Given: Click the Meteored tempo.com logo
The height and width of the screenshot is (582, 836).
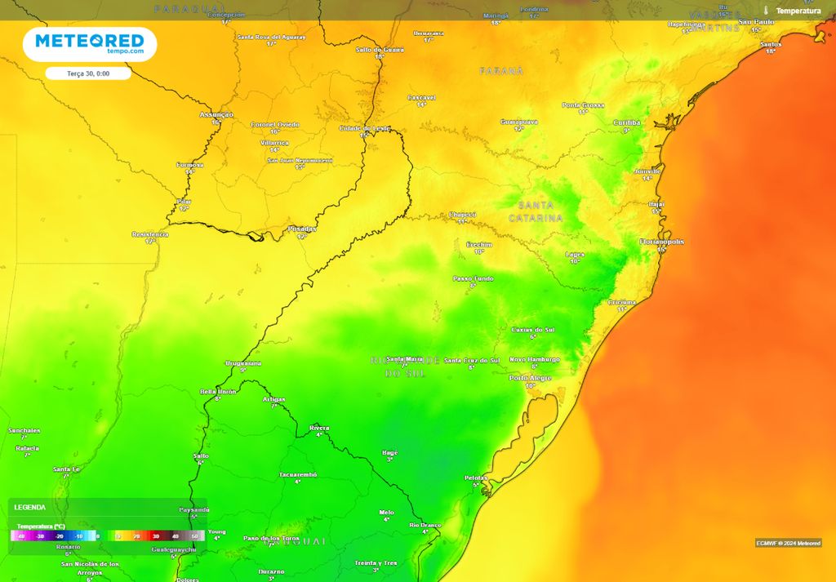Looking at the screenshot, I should (89, 44).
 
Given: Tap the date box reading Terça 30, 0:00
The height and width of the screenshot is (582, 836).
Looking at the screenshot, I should (88, 73).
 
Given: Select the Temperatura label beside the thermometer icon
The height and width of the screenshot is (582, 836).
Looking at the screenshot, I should (798, 11).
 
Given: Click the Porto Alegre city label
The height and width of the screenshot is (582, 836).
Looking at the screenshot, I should (530, 377).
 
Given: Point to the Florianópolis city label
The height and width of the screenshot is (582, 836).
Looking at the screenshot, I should (661, 242).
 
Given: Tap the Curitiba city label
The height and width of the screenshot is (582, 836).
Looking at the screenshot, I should (627, 122).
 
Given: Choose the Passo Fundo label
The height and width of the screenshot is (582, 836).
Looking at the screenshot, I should (474, 278).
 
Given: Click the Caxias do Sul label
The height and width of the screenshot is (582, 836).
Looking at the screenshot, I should (533, 329).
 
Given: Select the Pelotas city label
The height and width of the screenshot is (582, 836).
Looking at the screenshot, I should (475, 478).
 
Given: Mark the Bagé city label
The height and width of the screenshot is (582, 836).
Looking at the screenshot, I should (390, 452).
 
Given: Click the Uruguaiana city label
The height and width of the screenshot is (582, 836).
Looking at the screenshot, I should (242, 362).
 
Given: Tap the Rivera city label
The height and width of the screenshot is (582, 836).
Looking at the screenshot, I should (319, 428).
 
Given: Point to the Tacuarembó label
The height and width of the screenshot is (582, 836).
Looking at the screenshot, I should (297, 474).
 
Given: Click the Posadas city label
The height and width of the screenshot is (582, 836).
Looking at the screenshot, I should (302, 229).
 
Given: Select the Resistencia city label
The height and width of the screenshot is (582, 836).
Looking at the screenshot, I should (150, 234).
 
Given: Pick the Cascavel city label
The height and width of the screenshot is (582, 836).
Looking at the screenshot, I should (421, 97).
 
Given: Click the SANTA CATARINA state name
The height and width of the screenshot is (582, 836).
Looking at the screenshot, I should (536, 211).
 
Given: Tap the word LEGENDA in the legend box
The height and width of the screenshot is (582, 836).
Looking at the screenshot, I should (30, 507).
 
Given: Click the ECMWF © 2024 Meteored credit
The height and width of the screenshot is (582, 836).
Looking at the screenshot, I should (788, 543).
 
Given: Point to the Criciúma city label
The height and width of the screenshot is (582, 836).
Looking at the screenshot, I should (622, 302).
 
